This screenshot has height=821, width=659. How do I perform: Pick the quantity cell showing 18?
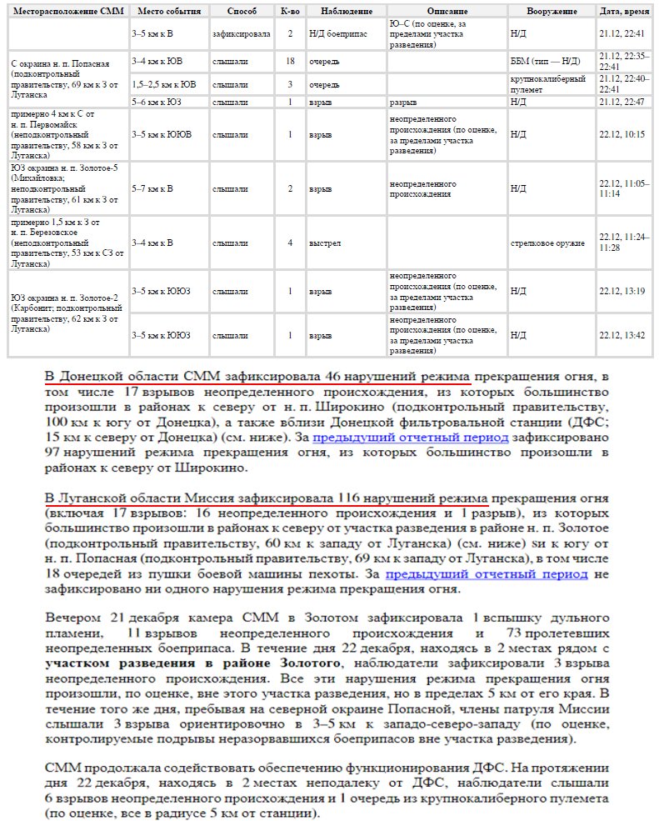click(290, 62)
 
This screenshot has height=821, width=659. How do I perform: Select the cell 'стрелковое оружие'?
click(547, 243)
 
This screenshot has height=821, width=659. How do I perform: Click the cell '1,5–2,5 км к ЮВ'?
click(164, 84)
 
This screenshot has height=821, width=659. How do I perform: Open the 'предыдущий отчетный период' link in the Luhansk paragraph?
click(487, 574)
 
